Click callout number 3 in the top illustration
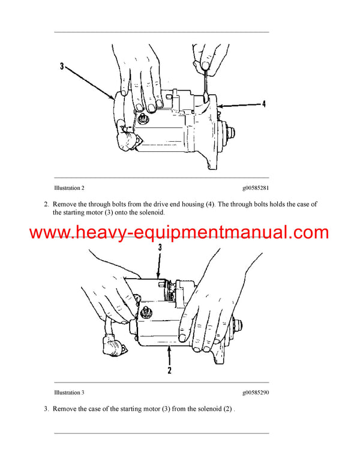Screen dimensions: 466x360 click(62, 66)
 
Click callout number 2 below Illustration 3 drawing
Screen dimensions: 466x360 click(170, 371)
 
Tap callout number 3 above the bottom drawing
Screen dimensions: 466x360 click(160, 247)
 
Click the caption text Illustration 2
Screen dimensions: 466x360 click(73, 188)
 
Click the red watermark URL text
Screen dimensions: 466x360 click(179, 232)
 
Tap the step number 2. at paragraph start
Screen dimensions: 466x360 click(46, 204)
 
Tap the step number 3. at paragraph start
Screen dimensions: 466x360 click(46, 408)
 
